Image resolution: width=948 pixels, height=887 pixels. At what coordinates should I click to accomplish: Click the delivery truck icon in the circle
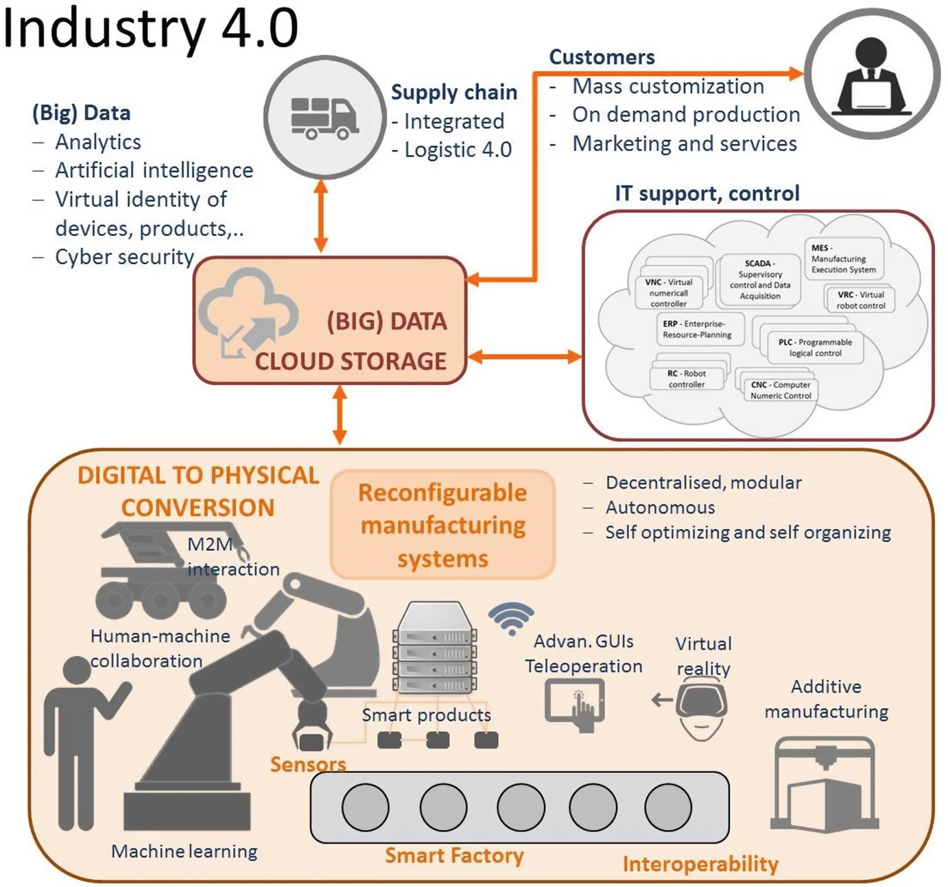click(x=324, y=118)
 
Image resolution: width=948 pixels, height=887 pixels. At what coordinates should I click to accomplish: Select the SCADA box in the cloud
click(x=759, y=280)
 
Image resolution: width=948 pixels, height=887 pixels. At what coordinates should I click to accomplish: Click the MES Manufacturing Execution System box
click(x=843, y=259)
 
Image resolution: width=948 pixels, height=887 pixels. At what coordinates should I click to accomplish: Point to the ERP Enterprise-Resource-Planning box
click(x=697, y=329)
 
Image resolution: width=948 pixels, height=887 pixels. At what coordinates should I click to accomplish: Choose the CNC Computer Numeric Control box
click(x=781, y=390)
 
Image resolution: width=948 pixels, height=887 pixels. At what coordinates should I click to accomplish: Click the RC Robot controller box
click(x=686, y=379)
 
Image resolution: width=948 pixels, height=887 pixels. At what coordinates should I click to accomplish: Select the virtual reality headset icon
click(x=701, y=707)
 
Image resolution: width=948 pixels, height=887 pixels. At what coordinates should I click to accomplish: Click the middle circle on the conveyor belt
click(x=521, y=807)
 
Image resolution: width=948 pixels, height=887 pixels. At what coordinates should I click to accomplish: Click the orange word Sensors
click(x=307, y=764)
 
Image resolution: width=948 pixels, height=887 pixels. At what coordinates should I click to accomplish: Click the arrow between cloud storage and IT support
click(x=524, y=357)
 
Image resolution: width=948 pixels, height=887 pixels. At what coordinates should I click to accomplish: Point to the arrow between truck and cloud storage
click(x=320, y=215)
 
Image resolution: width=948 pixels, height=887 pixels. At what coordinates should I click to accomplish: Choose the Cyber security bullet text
click(x=124, y=257)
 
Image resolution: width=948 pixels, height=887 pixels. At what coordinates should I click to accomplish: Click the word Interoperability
click(x=700, y=864)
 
